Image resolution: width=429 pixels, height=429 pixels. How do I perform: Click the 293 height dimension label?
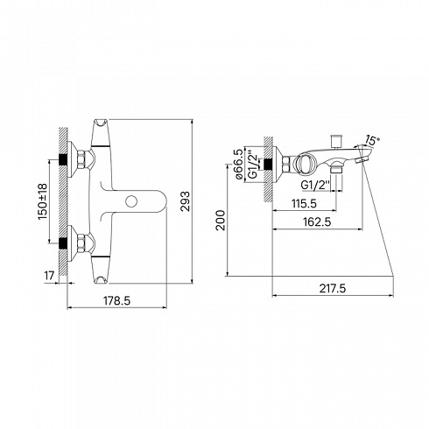point(185,201)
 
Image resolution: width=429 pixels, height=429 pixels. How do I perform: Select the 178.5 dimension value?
point(117,300)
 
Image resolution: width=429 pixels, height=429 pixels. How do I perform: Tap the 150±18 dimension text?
point(42,201)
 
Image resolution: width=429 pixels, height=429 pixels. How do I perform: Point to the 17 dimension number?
point(49,275)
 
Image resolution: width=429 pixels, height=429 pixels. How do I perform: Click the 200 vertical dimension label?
point(221,221)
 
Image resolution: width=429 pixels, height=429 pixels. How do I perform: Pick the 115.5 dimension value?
point(305,203)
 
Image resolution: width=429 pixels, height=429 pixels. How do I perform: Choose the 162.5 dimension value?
point(317,222)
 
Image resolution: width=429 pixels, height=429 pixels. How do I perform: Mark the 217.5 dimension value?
point(333,288)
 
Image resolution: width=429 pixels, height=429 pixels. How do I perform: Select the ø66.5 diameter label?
point(238,164)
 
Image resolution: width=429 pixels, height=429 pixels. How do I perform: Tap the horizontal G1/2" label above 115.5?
point(315,185)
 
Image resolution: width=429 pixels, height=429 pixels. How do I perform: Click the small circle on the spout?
point(131,201)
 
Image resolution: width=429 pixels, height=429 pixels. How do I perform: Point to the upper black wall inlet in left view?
point(63,159)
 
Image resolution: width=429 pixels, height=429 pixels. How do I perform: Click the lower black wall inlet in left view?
point(63,243)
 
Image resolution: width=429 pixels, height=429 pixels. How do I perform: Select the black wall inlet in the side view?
point(268,164)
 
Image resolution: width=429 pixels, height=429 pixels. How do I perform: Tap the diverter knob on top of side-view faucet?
point(334,142)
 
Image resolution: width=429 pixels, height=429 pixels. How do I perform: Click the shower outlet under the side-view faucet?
point(336,169)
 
